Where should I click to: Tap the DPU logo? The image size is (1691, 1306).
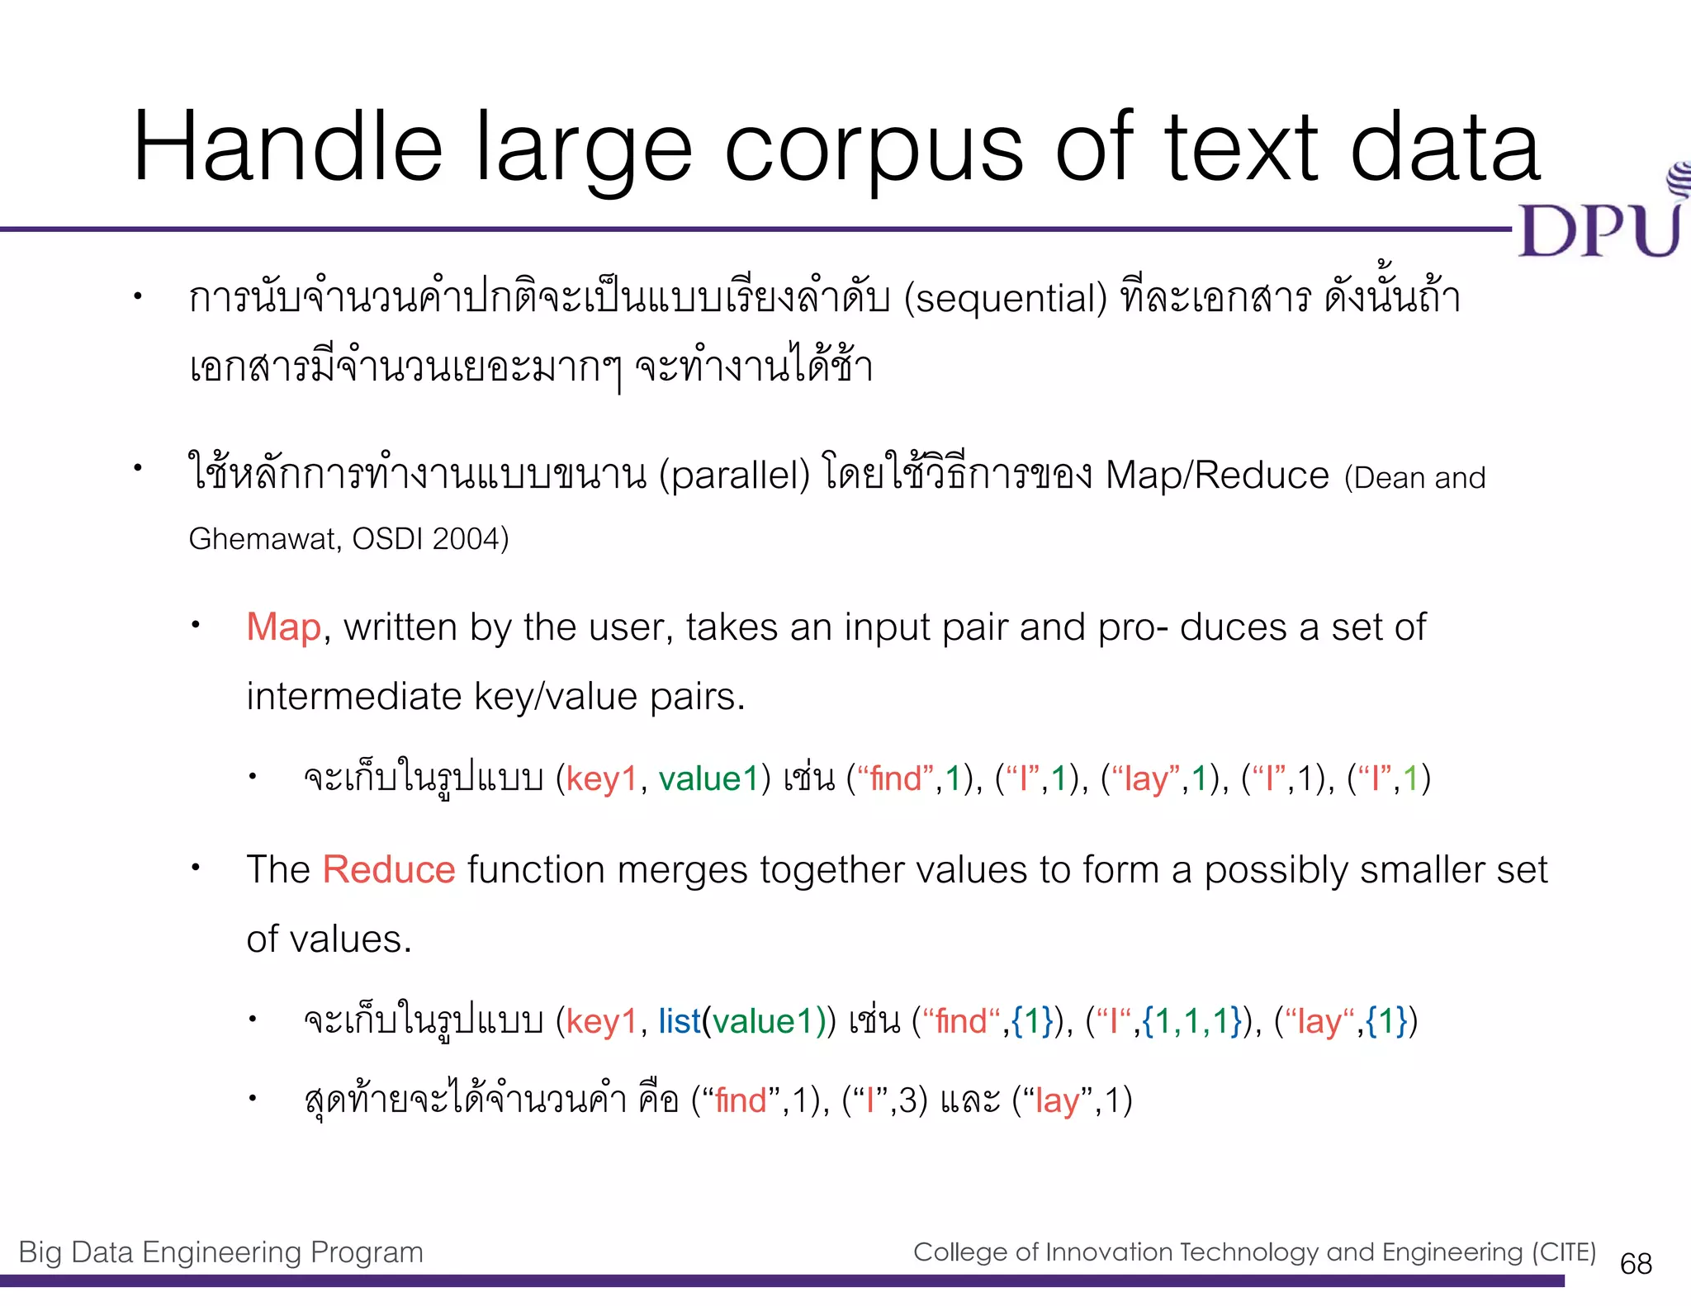tap(1600, 223)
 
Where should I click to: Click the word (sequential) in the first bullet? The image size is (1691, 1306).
tap(1005, 298)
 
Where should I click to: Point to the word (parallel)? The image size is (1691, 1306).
tap(734, 476)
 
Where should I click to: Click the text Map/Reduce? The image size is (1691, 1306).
tap(1217, 476)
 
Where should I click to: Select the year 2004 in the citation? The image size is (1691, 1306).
tap(466, 539)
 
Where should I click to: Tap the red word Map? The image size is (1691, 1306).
tap(283, 627)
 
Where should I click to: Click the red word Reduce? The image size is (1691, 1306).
tap(389, 870)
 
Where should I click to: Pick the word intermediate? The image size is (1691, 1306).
tap(353, 697)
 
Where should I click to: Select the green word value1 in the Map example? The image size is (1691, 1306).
tap(708, 778)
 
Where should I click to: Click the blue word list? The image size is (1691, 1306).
tap(679, 1021)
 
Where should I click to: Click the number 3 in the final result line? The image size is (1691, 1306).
tap(907, 1100)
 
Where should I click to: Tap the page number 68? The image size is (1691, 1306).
tap(1636, 1263)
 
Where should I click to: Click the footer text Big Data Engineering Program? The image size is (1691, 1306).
tap(220, 1252)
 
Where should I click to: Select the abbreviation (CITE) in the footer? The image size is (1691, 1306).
tap(1564, 1252)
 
